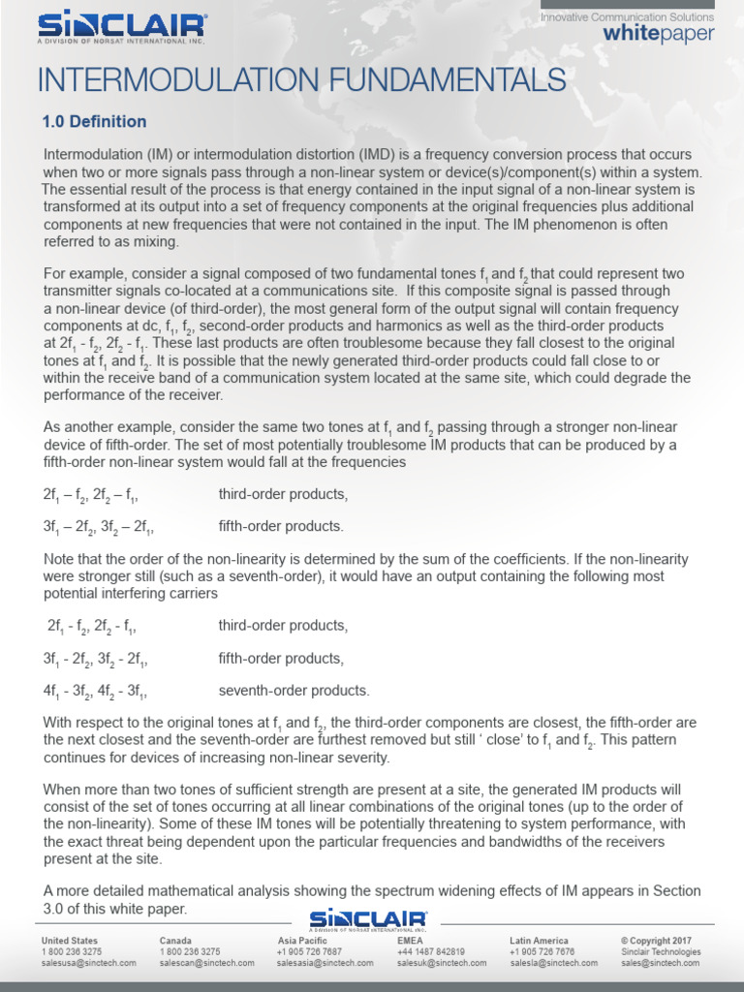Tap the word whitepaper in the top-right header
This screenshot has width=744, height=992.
click(x=658, y=34)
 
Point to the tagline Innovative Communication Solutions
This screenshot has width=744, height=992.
click(x=627, y=16)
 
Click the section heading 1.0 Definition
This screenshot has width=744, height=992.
click(x=94, y=122)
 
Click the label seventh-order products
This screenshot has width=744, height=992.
click(x=294, y=691)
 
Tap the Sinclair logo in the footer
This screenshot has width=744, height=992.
click(x=368, y=920)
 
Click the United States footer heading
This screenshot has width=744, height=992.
click(x=69, y=941)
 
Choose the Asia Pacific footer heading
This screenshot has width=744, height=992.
click(x=303, y=941)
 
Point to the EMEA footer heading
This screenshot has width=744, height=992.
click(x=410, y=941)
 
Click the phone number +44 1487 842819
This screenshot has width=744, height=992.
click(x=431, y=952)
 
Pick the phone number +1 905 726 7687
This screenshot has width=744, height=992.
click(x=309, y=952)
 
